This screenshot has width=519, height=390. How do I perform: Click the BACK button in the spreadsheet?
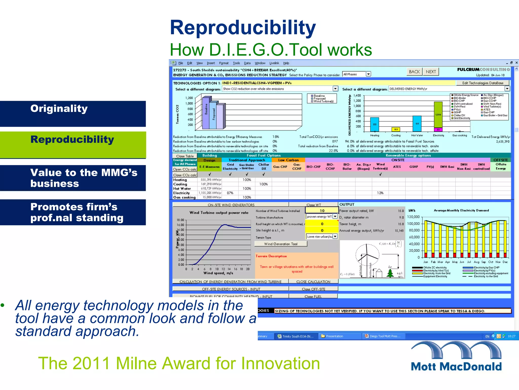coord(414,72)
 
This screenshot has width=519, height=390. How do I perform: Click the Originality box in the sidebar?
coord(73,114)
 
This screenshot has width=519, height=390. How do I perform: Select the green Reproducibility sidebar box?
coord(73,145)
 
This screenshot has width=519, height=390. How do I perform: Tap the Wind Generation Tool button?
coord(281,244)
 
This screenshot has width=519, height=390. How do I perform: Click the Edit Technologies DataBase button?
coord(483,83)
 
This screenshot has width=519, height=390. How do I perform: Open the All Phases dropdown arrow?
coord(368,74)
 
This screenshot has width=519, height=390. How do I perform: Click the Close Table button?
coord(185,156)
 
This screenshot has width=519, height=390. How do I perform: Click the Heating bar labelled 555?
coord(375,124)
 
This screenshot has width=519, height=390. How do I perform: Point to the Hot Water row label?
coord(182,189)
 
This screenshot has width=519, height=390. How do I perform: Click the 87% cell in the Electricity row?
coord(230,193)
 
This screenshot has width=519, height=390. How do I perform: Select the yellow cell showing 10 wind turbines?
coord(322,210)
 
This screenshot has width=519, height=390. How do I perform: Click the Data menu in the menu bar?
coord(247,63)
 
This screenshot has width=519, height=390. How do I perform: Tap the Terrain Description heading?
coord(271,256)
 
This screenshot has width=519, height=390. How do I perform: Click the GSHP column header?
coord(414,167)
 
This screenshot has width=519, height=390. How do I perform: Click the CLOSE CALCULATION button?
coord(313,282)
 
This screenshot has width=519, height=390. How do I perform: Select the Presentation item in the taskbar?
coord(335,336)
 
